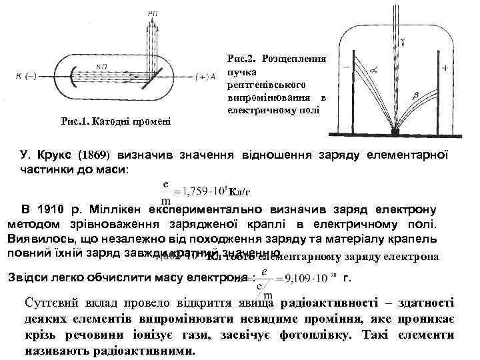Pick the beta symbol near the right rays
click(415, 97)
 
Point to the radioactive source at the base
click(395, 132)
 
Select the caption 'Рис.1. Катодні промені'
click(115, 121)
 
